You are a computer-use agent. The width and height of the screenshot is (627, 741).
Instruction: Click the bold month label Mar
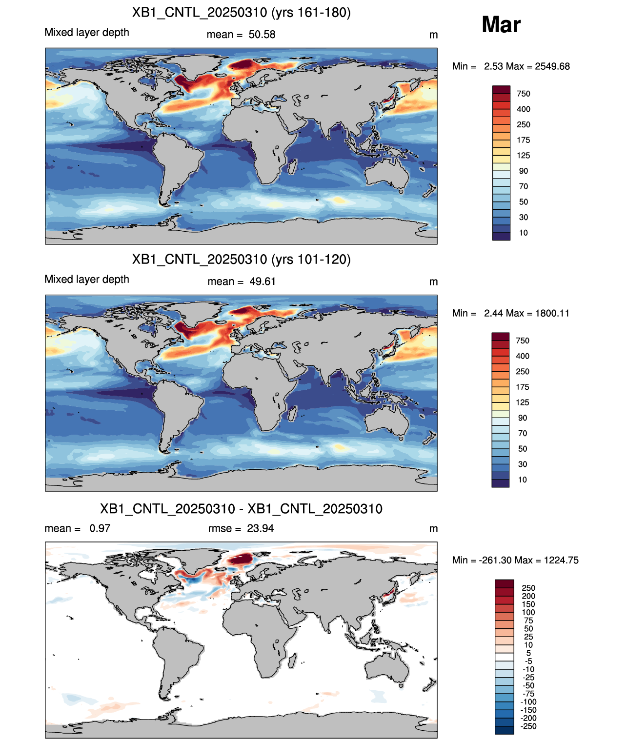click(x=501, y=24)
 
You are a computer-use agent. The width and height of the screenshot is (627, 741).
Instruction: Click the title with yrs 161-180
click(x=241, y=13)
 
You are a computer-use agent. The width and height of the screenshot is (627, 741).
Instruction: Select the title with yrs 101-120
click(x=241, y=259)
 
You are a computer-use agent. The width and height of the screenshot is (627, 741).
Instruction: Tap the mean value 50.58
click(x=262, y=35)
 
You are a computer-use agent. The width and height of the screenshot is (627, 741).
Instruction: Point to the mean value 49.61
click(x=263, y=281)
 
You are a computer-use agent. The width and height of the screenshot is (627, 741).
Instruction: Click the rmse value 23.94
click(x=260, y=528)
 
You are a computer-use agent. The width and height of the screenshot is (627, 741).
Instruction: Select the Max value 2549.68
click(x=552, y=66)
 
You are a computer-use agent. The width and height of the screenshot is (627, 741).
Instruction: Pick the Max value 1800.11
click(x=552, y=313)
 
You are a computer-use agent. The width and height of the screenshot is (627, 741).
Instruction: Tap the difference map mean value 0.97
click(x=100, y=528)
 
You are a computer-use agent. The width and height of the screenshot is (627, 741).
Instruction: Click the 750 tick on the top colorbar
click(x=524, y=94)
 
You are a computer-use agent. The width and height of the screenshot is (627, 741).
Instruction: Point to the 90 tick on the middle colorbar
click(x=522, y=418)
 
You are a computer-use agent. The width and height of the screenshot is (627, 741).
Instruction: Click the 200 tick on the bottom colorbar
click(x=528, y=596)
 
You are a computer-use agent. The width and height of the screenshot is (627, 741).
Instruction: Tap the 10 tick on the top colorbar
click(x=524, y=233)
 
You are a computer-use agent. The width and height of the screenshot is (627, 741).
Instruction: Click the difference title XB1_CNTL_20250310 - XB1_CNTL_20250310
click(x=241, y=509)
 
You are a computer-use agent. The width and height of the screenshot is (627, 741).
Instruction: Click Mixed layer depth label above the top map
click(x=87, y=32)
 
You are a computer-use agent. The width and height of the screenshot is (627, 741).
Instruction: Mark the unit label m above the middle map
click(x=433, y=282)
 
